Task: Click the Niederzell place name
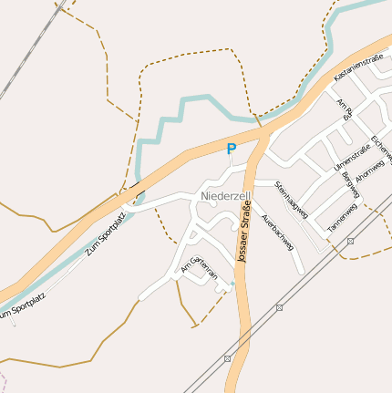pyautogui.click(x=224, y=196)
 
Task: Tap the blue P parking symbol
pyautogui.click(x=231, y=149)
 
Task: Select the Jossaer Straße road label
pyautogui.click(x=243, y=234)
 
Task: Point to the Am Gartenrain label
pyautogui.click(x=200, y=265)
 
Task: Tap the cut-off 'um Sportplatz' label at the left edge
pyautogui.click(x=21, y=307)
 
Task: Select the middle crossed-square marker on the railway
pyautogui.click(x=279, y=307)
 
